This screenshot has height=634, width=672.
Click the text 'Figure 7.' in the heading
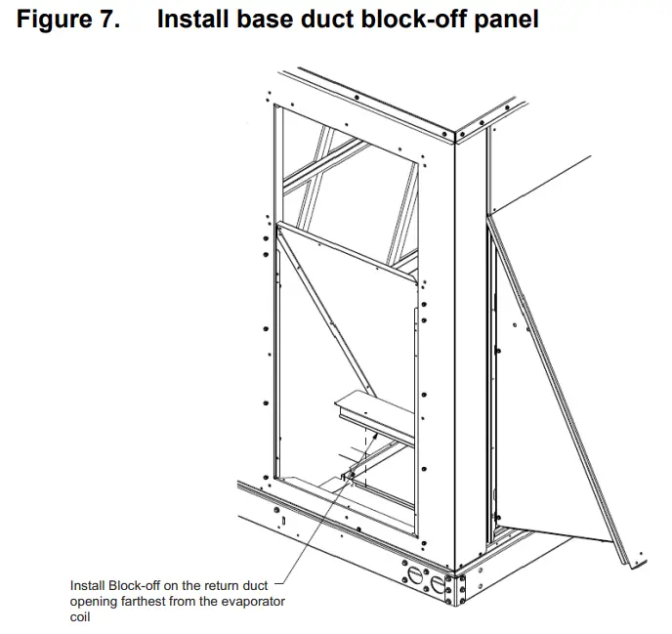point(68,19)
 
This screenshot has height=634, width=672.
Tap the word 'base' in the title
point(275,19)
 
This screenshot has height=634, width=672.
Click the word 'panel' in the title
point(507,19)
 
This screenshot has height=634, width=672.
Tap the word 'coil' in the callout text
point(80,617)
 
